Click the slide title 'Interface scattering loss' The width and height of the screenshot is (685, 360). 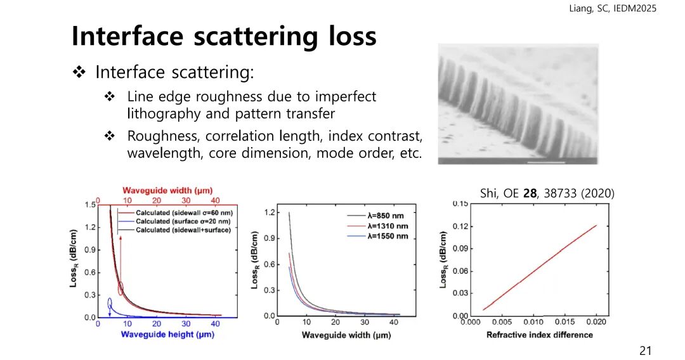tap(224, 35)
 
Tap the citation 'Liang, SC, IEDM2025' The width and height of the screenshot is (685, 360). tap(613, 8)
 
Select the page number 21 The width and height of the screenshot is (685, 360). tap(645, 350)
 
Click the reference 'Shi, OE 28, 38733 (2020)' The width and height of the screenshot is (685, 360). tap(547, 193)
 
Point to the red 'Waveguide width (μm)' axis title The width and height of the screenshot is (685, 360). tap(167, 190)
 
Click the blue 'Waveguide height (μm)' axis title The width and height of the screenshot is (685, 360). tap(167, 334)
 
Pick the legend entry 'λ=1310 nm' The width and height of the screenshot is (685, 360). tap(388, 226)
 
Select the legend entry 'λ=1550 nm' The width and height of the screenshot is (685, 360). tap(388, 236)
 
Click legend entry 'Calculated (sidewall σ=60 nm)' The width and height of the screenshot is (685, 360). tap(184, 212)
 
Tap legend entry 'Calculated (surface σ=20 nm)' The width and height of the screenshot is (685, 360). tap(183, 221)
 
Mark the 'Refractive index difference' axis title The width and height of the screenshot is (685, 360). tap(540, 335)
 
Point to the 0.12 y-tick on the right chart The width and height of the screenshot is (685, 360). tap(461, 226)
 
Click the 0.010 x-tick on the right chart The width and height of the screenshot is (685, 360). tap(533, 322)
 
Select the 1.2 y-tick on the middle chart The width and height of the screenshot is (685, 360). tap(270, 212)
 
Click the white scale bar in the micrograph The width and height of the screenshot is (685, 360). tap(546, 162)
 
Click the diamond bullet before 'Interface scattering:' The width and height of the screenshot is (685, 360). tap(79, 72)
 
